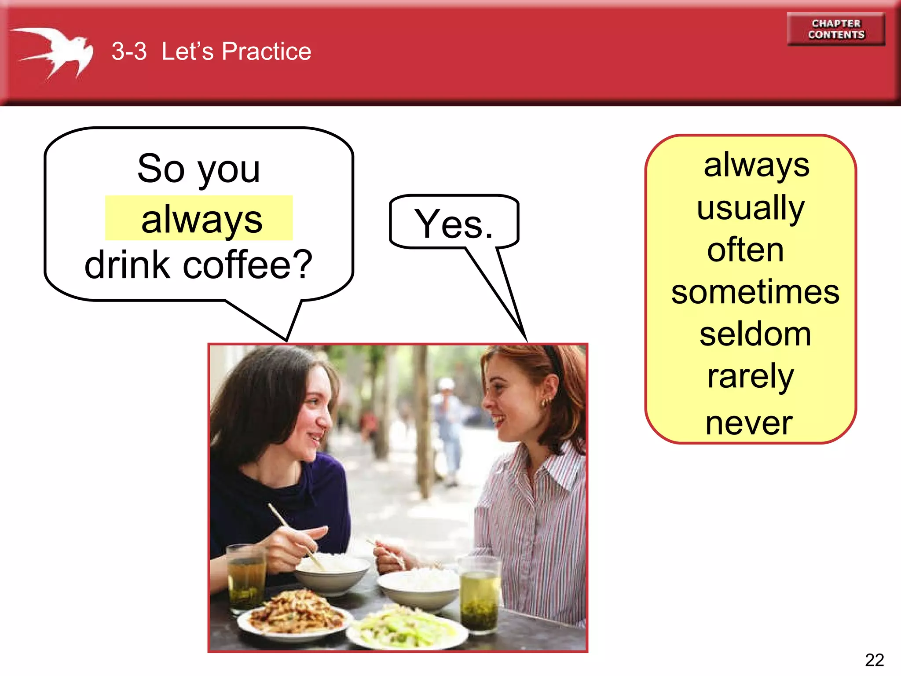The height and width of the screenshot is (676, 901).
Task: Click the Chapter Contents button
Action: click(x=835, y=29)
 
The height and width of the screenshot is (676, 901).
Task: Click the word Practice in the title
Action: click(x=266, y=51)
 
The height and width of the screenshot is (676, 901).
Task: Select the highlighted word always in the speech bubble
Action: click(x=201, y=219)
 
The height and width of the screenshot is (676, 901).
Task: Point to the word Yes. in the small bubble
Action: click(x=454, y=224)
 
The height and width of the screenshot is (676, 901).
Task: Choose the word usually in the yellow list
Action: click(x=751, y=207)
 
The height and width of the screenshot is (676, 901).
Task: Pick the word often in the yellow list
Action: click(x=745, y=250)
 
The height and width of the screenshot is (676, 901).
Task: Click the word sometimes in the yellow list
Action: click(x=755, y=292)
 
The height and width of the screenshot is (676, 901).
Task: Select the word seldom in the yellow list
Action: click(x=755, y=334)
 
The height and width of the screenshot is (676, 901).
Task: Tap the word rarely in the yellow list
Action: click(x=751, y=376)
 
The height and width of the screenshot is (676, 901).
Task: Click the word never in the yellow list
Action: click(x=749, y=423)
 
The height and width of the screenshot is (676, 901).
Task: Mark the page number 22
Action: click(x=874, y=660)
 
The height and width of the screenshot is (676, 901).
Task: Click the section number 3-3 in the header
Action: click(x=129, y=51)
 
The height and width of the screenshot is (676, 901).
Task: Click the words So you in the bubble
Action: click(x=198, y=169)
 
